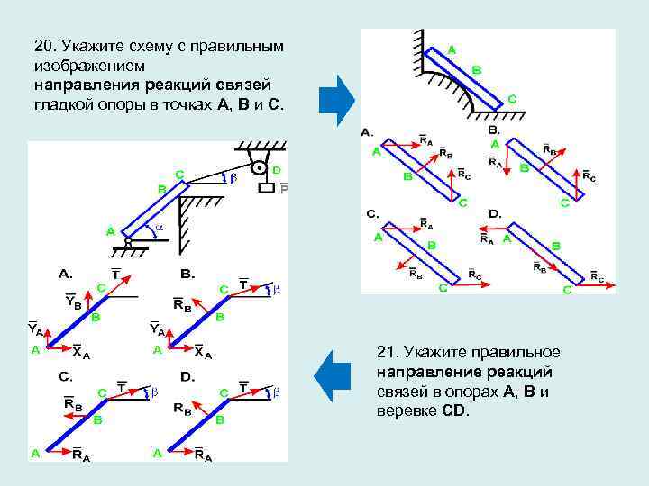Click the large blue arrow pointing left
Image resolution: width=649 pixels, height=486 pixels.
pos(335,376)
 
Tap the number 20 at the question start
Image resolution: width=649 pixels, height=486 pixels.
pos(43,45)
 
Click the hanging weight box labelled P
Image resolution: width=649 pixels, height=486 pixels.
pos(265,189)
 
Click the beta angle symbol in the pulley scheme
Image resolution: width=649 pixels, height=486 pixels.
pos(232,178)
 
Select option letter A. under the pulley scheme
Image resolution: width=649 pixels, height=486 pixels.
pos(66,272)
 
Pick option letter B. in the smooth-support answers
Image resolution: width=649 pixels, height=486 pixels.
pos(494,130)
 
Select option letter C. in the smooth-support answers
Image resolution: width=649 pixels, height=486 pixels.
pos(371,214)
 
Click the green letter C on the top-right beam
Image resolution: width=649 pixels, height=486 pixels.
pos(512,98)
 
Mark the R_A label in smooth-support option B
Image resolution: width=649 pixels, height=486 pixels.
pos(496,162)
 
